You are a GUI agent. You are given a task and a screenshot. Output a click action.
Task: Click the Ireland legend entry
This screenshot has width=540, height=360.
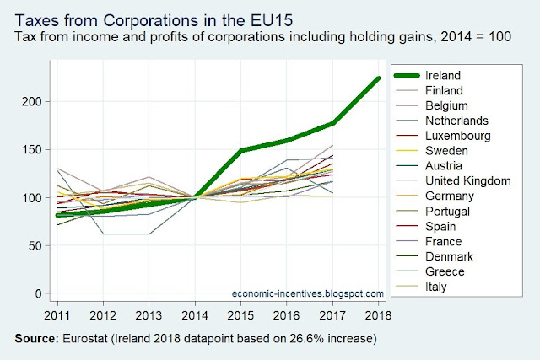442,75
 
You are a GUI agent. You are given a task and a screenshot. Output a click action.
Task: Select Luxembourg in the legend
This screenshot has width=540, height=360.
457,136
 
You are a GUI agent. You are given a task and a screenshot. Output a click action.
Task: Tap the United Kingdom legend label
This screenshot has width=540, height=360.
467,180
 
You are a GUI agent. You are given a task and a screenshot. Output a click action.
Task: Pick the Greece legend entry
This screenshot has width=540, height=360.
445,271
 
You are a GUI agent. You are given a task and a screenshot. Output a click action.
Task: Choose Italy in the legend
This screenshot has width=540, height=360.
435,287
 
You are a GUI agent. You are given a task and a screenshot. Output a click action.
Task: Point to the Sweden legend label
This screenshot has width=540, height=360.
446,151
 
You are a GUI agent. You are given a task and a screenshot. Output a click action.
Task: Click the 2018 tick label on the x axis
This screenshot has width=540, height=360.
378,315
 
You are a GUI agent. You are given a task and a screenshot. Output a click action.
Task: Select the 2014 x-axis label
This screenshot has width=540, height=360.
195,315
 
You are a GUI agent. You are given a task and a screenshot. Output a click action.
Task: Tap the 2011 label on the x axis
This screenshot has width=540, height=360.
57,315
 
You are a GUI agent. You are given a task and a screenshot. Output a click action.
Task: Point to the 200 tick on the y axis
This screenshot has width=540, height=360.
32,102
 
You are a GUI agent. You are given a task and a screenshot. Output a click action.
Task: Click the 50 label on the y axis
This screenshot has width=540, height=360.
35,245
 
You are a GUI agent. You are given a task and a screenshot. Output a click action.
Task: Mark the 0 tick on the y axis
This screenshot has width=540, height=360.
39,294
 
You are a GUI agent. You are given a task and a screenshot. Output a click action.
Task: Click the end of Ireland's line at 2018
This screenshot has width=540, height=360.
379,78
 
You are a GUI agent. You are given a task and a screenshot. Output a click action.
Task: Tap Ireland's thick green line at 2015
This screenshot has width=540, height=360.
241,150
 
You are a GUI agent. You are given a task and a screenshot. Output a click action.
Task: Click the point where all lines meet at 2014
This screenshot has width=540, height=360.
195,197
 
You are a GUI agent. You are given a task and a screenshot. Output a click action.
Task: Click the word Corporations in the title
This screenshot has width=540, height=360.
150,20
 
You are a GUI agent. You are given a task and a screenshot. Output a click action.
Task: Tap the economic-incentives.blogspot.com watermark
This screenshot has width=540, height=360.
307,293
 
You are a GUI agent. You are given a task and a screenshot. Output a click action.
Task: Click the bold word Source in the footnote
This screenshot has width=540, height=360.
37,339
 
